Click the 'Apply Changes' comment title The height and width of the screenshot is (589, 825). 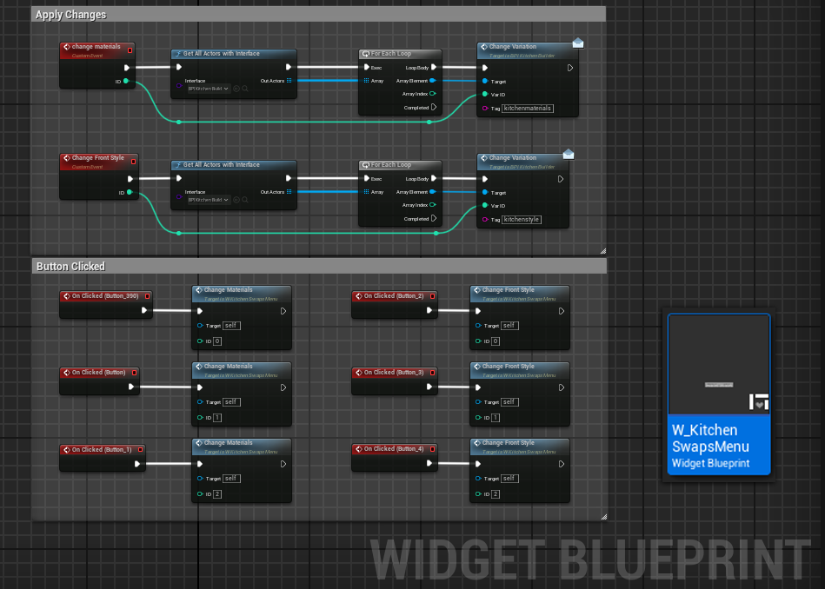pos(70,15)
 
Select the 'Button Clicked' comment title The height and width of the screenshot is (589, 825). pos(70,267)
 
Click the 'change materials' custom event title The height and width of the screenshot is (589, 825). pos(96,47)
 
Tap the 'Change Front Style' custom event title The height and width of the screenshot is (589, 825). pos(97,158)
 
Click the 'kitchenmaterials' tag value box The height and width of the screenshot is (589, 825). pos(528,109)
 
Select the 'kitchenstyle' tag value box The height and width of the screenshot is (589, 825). pos(522,220)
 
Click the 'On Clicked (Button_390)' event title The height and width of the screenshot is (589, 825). pos(104,295)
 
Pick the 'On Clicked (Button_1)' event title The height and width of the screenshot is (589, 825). pos(101,449)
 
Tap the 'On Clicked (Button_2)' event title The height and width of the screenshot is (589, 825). pos(393,295)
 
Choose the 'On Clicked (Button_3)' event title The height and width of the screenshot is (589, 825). pos(393,372)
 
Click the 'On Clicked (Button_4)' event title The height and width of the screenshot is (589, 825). pos(393,449)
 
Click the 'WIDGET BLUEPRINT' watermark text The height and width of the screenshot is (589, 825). pos(591,559)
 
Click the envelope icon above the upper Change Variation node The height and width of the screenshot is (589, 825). pos(578,43)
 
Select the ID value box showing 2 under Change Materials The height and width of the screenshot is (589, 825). pos(216,494)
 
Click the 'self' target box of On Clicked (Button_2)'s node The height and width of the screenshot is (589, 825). pos(509,326)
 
